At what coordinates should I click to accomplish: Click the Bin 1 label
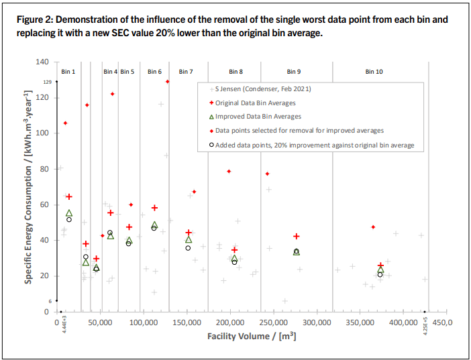tap(68, 71)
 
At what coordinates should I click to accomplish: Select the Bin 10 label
tap(374, 71)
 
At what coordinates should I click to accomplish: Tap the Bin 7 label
tap(186, 71)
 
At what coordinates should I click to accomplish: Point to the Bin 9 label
tap(294, 71)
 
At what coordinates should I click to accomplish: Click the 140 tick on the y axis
tap(42, 62)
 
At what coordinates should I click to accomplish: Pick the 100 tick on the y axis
tap(42, 133)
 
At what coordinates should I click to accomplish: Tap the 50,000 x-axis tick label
tap(101, 323)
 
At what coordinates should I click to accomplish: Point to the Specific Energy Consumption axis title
tap(29, 188)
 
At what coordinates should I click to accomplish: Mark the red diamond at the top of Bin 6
tap(167, 82)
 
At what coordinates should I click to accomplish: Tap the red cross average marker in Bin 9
tap(296, 237)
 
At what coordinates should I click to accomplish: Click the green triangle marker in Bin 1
tap(69, 213)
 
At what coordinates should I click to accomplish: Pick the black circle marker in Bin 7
tap(189, 248)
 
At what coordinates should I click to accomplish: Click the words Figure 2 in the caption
tap(35, 20)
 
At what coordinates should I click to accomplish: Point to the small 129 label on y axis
tap(48, 82)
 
